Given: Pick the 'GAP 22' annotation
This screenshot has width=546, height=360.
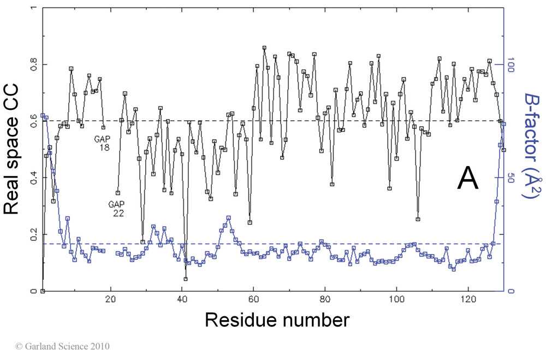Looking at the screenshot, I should (x=116, y=208).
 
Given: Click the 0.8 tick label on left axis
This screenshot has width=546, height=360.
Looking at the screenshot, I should (x=32, y=64).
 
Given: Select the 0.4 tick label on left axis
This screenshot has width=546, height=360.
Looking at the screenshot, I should (x=32, y=178).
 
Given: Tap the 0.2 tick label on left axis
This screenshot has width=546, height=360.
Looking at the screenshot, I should (x=32, y=234).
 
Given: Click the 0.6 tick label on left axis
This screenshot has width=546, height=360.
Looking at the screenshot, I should (x=32, y=121).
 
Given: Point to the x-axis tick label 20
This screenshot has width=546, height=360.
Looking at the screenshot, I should (x=111, y=299).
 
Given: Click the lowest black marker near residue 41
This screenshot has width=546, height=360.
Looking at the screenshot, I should (x=186, y=279).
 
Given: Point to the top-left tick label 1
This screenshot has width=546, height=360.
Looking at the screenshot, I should (x=35, y=9).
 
